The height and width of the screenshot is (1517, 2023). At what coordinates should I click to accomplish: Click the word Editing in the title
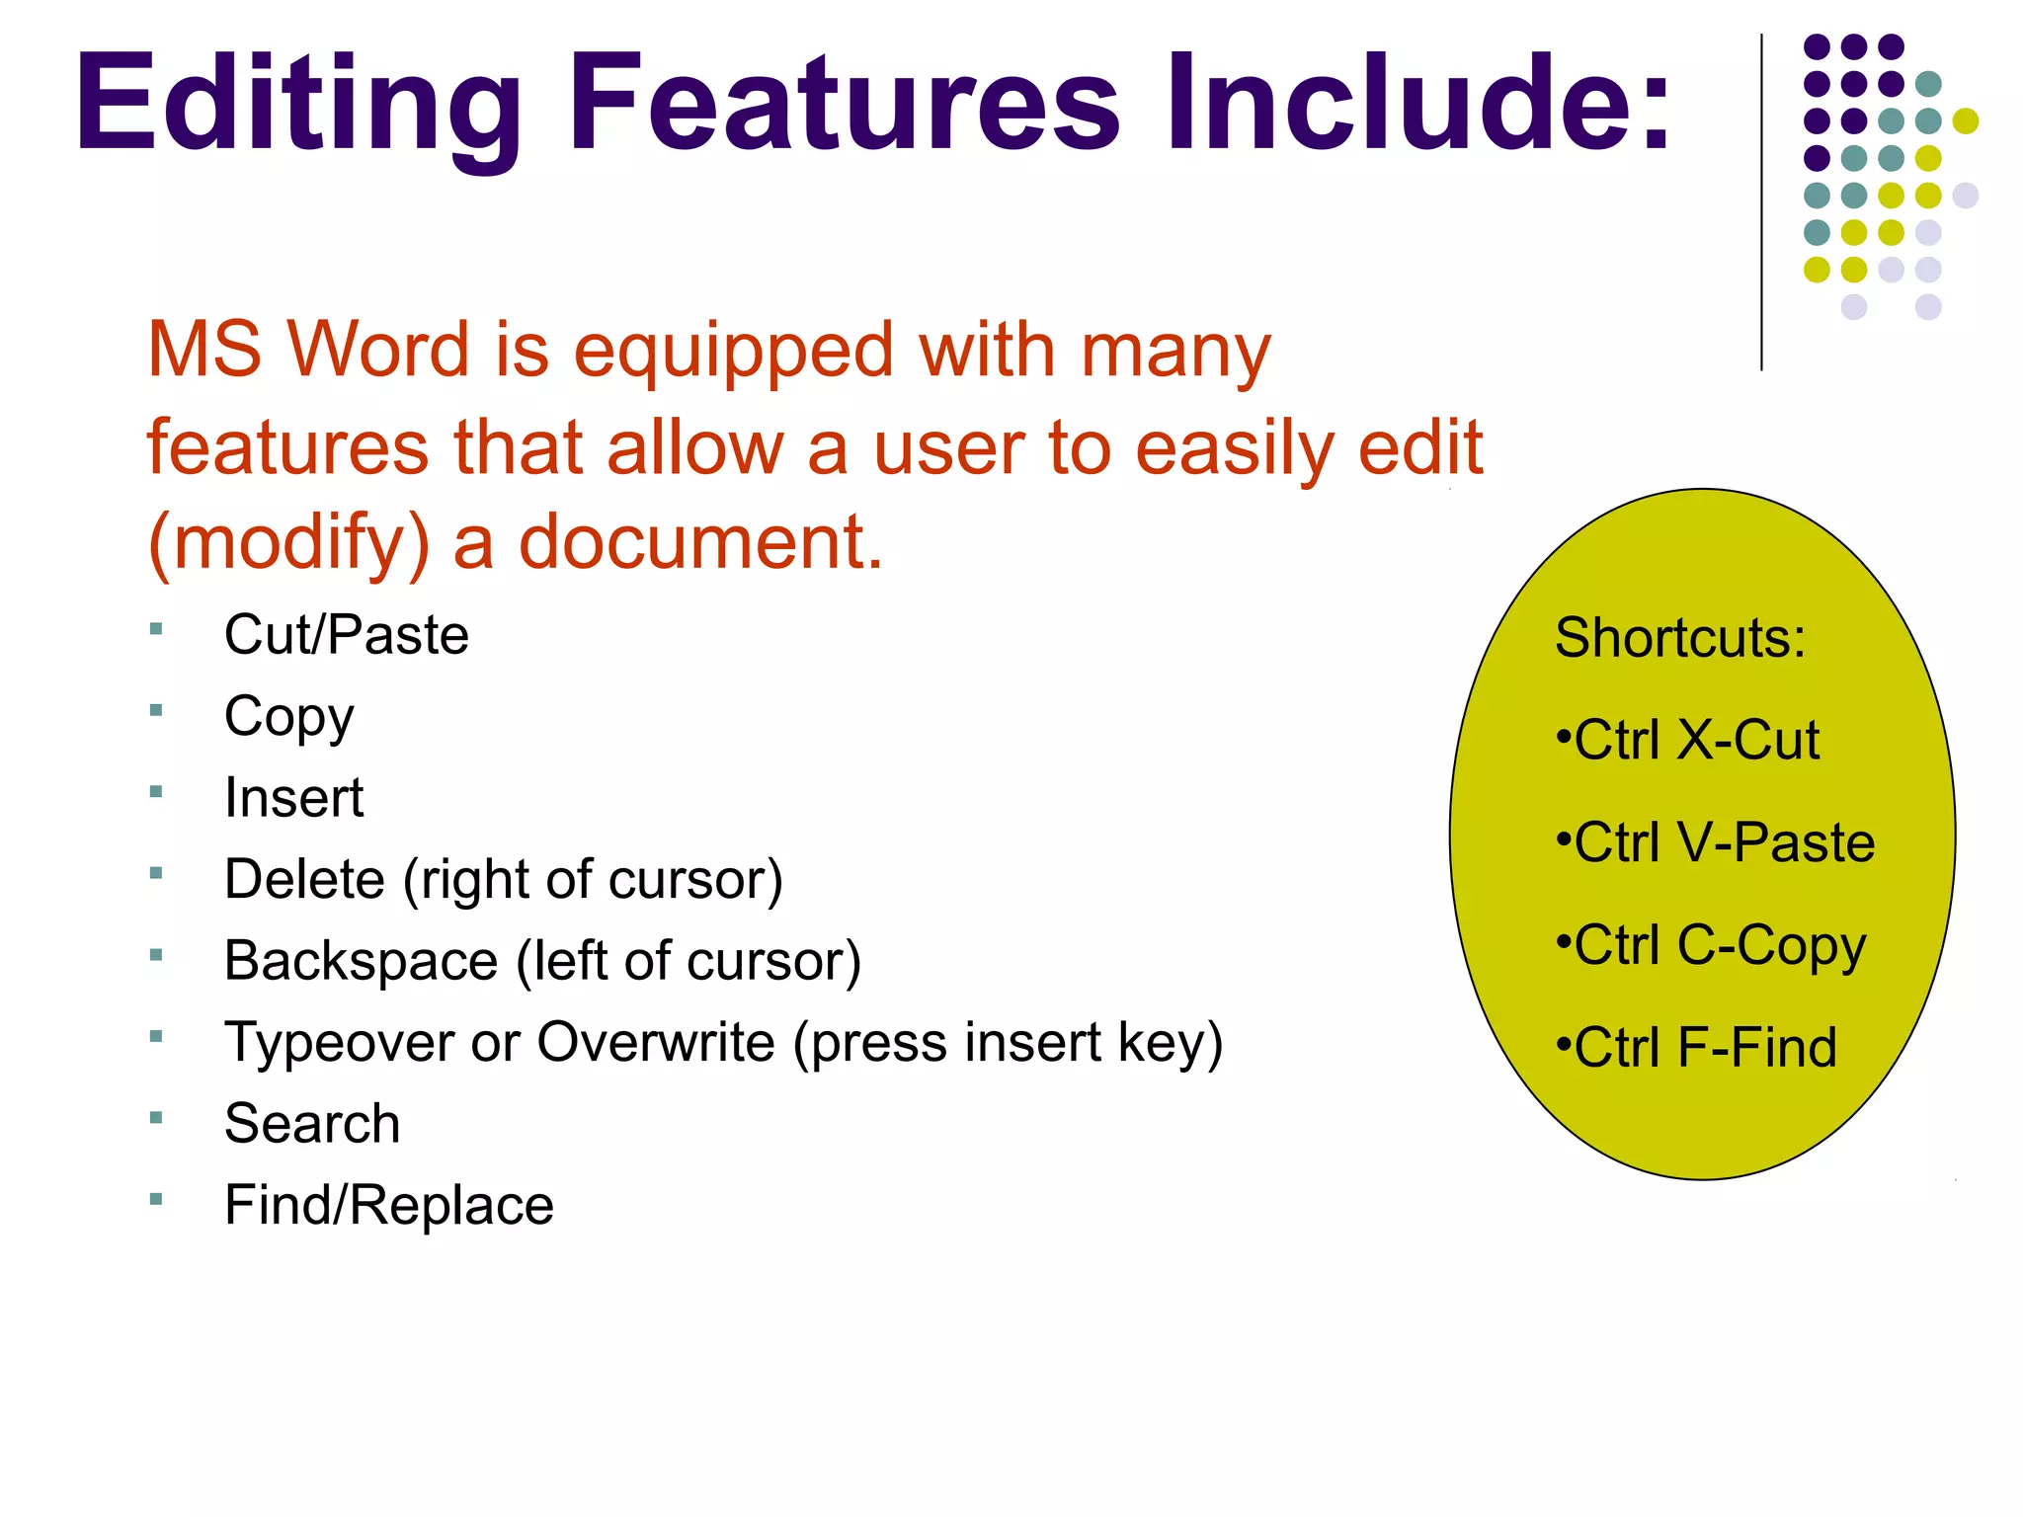[x=297, y=104]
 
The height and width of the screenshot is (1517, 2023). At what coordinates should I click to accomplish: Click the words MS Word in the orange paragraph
[x=307, y=350]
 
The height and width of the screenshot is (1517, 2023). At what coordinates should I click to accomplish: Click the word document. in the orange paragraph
[x=700, y=543]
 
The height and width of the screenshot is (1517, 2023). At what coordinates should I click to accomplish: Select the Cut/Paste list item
[x=346, y=634]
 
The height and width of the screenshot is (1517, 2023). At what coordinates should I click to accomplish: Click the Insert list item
[x=293, y=797]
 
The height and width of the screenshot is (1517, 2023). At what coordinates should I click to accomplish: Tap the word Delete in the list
[x=304, y=879]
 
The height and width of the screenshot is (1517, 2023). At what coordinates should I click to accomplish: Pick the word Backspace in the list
[x=361, y=961]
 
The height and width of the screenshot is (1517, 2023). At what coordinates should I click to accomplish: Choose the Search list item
[x=312, y=1124]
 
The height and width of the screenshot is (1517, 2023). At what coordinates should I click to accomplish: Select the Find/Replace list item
[x=388, y=1205]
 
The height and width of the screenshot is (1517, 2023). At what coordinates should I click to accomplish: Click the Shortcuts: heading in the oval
[x=1679, y=638]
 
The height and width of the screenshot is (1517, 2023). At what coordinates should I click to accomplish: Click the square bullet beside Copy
[x=156, y=710]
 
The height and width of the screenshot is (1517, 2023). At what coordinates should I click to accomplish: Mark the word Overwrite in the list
[x=656, y=1043]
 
